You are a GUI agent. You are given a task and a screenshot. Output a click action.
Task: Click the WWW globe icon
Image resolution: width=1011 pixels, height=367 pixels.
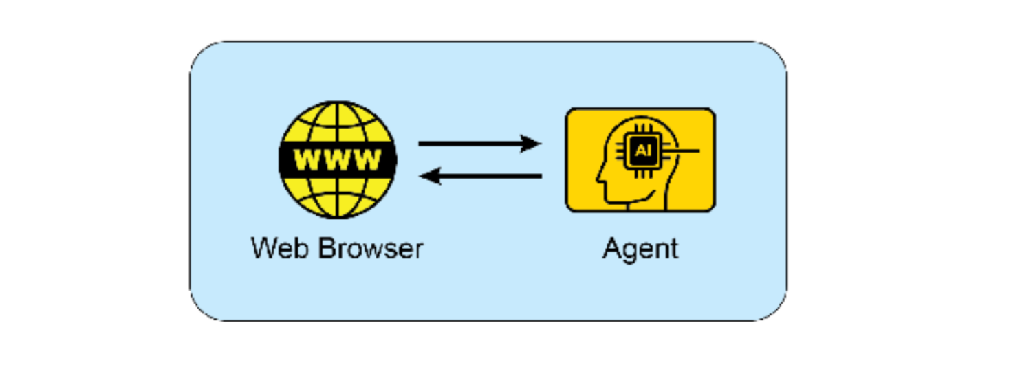337,159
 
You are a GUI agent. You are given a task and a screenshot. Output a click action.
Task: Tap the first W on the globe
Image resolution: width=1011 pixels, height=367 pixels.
308,160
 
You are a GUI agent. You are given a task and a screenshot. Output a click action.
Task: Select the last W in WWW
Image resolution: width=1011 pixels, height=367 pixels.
367,160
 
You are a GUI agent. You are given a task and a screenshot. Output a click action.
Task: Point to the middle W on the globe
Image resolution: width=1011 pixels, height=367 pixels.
337,160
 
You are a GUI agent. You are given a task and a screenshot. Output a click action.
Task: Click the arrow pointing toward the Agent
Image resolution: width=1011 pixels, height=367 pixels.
479,144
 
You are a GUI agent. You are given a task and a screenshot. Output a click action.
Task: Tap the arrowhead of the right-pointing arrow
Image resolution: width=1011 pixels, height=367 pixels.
531,144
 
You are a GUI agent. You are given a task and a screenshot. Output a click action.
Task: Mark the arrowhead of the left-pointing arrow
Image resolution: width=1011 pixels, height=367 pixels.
430,177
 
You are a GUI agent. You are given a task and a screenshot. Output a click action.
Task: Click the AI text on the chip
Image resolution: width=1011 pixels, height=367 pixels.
642,151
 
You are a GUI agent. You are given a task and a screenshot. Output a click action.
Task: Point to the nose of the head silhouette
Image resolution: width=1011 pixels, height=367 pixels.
598,182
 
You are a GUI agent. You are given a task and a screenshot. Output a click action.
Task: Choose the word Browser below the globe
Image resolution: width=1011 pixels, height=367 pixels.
370,247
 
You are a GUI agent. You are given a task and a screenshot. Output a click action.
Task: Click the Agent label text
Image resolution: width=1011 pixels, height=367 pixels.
640,249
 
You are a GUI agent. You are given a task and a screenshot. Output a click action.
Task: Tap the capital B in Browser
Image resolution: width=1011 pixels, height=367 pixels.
325,247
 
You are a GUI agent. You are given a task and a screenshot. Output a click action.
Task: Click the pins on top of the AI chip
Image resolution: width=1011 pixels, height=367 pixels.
642,131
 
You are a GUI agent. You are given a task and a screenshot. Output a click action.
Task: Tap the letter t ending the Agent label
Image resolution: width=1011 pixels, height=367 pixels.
674,248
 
